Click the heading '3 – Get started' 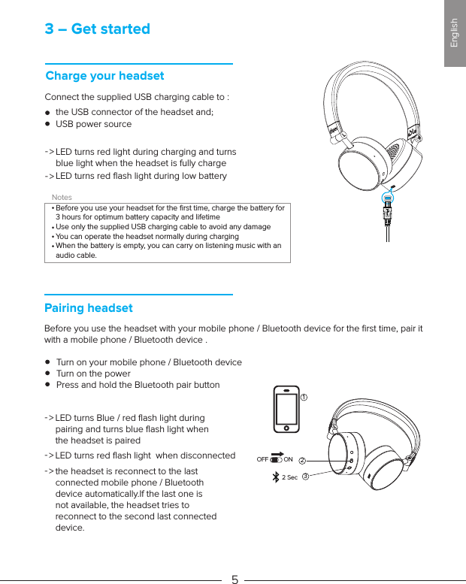click(97, 29)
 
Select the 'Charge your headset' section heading click(104, 76)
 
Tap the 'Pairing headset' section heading click(89, 308)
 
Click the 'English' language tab click(454, 33)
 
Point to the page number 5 click(235, 579)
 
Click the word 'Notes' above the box click(62, 197)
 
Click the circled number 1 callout click(304, 396)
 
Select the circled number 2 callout click(302, 460)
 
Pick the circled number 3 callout click(306, 477)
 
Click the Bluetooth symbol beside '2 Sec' click(275, 477)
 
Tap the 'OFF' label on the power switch click(262, 459)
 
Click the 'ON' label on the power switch click(288, 459)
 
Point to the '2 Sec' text click(289, 477)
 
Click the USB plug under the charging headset click(387, 214)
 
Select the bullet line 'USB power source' click(93, 124)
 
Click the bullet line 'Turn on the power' click(93, 374)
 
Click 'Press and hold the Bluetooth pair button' click(138, 385)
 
